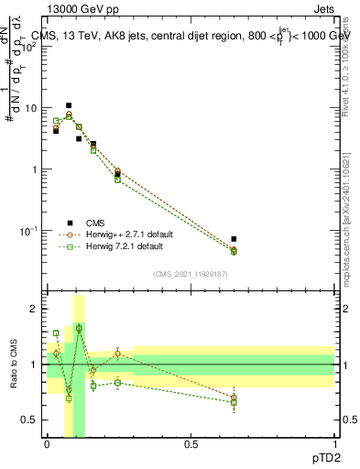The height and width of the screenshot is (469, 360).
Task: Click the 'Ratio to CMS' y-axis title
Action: pos(13,364)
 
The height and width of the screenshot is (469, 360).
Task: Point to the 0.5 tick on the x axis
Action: pos(191,446)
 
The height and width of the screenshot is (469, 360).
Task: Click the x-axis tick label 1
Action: pos(333,446)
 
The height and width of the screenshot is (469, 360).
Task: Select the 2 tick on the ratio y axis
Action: pos(34,310)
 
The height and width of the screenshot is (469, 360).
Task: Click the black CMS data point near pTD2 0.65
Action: pos(234,239)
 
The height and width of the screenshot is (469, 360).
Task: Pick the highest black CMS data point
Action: pos(69,105)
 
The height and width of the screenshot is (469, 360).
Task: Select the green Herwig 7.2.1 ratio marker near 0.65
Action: pos(234,402)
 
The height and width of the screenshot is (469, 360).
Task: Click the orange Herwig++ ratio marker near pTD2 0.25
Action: pos(118,354)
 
